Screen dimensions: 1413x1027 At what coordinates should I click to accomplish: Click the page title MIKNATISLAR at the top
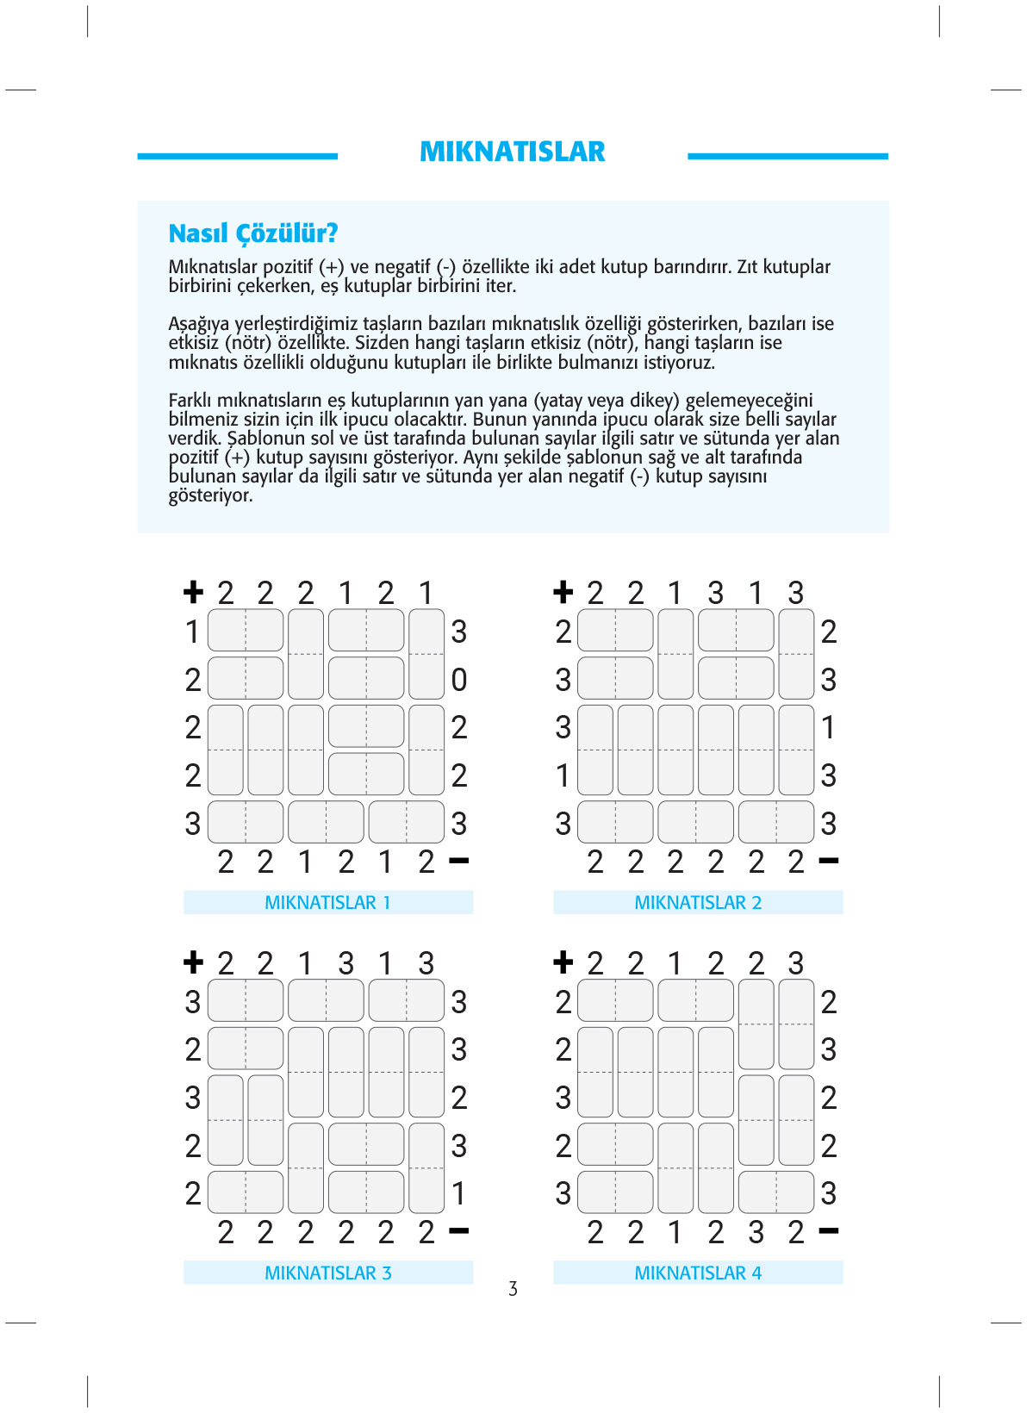pyautogui.click(x=512, y=152)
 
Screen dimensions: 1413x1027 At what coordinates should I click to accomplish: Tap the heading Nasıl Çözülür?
pyautogui.click(x=252, y=233)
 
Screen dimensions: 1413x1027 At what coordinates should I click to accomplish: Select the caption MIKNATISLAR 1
pyautogui.click(x=327, y=902)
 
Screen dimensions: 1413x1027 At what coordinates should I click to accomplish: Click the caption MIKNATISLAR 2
pyautogui.click(x=698, y=902)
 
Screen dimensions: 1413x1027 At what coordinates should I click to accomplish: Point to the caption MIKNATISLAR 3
pyautogui.click(x=327, y=1273)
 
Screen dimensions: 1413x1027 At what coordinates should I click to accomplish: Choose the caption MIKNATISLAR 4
pyautogui.click(x=698, y=1273)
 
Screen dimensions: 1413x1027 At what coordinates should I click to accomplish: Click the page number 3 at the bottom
pyautogui.click(x=513, y=1289)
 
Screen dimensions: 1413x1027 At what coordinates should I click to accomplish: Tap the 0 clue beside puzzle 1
pyautogui.click(x=459, y=680)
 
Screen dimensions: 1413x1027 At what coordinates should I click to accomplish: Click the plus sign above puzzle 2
pyautogui.click(x=563, y=592)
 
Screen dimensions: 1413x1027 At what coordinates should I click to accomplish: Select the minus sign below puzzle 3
pyautogui.click(x=459, y=1231)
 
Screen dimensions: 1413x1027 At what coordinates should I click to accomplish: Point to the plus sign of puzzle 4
pyautogui.click(x=563, y=962)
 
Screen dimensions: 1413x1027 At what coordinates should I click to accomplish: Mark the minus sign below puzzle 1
pyautogui.click(x=459, y=861)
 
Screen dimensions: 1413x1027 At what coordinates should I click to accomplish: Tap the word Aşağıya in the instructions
pyautogui.click(x=198, y=324)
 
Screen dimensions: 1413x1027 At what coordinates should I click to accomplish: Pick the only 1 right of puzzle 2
pyautogui.click(x=829, y=728)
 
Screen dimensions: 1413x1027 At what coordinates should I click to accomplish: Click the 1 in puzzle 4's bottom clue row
pyautogui.click(x=675, y=1232)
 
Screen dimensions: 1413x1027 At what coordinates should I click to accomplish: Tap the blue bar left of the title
pyautogui.click(x=237, y=156)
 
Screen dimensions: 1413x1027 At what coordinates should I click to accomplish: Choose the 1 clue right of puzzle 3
pyautogui.click(x=459, y=1194)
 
